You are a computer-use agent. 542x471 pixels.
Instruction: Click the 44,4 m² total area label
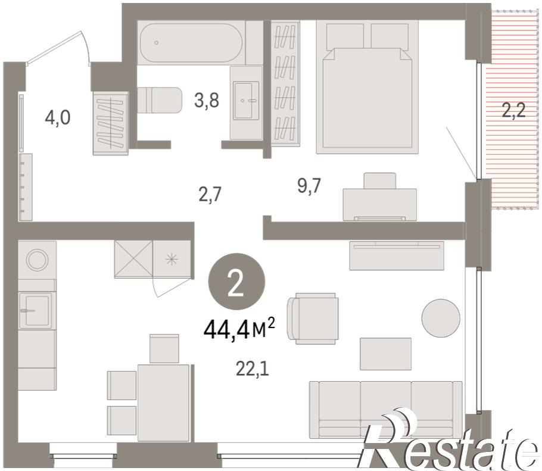point(239,329)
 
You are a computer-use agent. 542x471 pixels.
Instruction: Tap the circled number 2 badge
point(236,282)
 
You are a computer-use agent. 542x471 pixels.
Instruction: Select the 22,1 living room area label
point(253,369)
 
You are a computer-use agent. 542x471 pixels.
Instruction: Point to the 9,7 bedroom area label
point(309,186)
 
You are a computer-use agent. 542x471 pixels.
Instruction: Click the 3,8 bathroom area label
point(207,101)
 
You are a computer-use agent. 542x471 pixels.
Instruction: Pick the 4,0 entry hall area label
point(58,117)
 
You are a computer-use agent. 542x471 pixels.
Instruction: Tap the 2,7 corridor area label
point(210,195)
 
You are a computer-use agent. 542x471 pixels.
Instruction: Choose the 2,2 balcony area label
point(513,111)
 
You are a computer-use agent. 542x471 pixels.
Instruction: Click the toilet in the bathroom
point(160,100)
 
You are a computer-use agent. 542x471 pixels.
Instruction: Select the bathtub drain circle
point(156,42)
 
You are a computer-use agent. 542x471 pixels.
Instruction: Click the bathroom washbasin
point(246,101)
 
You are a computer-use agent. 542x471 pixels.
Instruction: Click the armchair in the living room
point(313,319)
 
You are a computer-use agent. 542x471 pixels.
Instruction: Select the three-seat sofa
point(386,409)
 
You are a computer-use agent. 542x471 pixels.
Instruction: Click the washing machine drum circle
point(37,260)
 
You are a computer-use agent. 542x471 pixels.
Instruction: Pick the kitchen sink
point(35,310)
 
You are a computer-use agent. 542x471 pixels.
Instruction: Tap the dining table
point(164,403)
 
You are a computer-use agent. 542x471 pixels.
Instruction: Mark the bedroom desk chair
point(380,181)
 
